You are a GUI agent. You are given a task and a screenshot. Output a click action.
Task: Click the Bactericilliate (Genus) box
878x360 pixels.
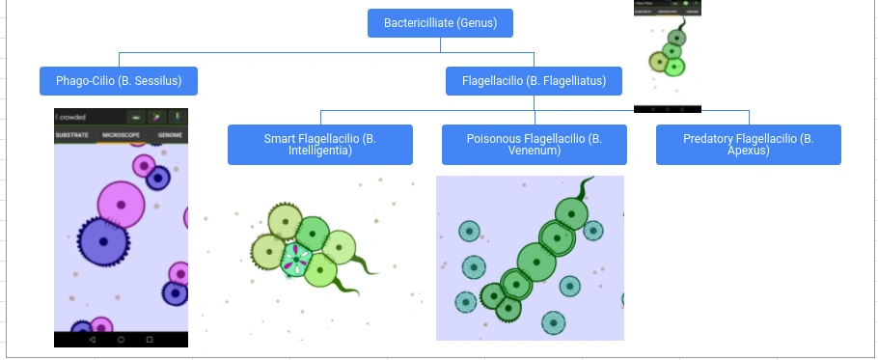click(439, 23)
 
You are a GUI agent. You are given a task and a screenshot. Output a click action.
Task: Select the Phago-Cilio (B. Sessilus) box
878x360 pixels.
click(118, 81)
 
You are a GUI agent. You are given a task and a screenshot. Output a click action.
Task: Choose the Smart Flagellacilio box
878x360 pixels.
click(319, 145)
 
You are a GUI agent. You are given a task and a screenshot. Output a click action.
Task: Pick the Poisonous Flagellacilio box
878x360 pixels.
click(534, 145)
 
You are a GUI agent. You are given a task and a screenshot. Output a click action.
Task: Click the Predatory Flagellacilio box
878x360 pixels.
click(748, 145)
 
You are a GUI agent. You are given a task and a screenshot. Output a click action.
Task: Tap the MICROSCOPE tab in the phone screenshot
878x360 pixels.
click(122, 135)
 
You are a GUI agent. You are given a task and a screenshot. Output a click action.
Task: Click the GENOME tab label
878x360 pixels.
click(170, 135)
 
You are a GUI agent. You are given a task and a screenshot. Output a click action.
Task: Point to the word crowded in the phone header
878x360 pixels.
click(72, 117)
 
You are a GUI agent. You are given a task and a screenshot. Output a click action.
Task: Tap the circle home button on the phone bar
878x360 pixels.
click(122, 340)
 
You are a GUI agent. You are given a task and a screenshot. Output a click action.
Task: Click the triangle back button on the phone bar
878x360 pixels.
click(92, 340)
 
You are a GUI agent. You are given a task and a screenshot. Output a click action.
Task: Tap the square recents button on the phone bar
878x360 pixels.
click(150, 340)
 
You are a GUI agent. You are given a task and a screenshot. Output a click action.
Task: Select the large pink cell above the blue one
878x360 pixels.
click(122, 204)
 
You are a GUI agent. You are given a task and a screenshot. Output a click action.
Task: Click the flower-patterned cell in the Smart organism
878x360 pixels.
click(296, 260)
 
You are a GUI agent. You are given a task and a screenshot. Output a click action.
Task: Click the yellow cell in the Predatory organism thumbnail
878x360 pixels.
click(660, 63)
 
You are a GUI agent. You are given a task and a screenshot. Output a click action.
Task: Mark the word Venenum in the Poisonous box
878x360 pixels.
click(534, 151)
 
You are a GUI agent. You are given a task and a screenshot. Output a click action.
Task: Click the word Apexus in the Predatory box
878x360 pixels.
click(748, 151)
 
